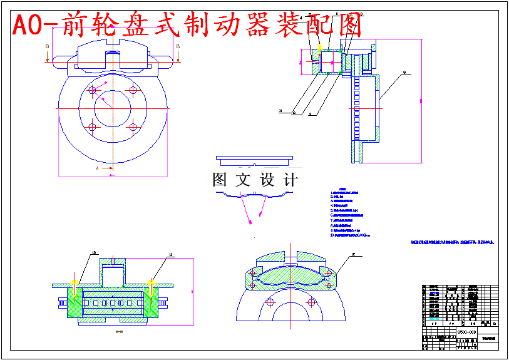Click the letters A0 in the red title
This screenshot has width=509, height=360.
[28, 25]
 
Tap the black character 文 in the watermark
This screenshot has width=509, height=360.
[242, 180]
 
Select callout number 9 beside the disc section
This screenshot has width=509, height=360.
[404, 73]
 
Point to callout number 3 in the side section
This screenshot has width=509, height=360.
[280, 111]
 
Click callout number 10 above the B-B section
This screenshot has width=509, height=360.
[94, 254]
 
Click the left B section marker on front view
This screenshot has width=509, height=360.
[47, 46]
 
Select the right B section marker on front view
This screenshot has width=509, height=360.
[178, 46]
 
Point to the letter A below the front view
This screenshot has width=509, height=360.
[96, 168]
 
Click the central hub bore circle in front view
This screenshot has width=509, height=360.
[112, 108]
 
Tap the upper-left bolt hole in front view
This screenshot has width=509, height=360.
[93, 90]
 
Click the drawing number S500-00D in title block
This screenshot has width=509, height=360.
[467, 332]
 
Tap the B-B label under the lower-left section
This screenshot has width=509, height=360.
[118, 331]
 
